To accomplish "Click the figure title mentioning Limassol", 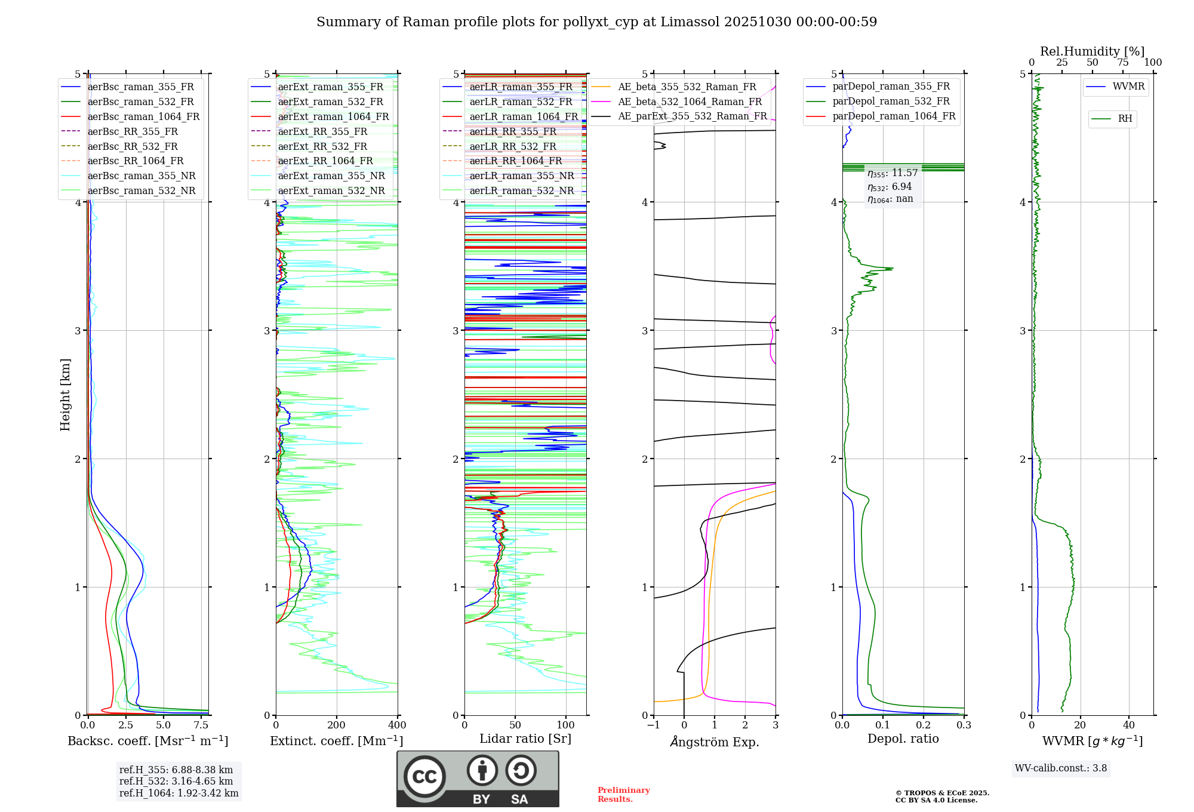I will [x=596, y=22].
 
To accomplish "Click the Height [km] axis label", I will [x=65, y=395].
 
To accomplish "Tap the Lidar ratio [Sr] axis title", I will [x=525, y=739].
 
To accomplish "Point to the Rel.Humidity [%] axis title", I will [x=1092, y=51].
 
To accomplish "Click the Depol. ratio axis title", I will [x=903, y=739].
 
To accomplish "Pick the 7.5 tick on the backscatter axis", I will [x=201, y=725].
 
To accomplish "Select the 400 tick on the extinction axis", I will [x=397, y=725].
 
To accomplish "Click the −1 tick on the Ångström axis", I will [x=654, y=725].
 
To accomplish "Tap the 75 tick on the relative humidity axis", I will [x=1123, y=62].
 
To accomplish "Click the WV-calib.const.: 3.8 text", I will [x=1061, y=768].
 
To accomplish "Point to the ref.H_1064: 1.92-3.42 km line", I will [x=179, y=793].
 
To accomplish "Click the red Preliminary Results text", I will [x=623, y=794].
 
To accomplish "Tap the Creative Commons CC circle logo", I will [x=424, y=776].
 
